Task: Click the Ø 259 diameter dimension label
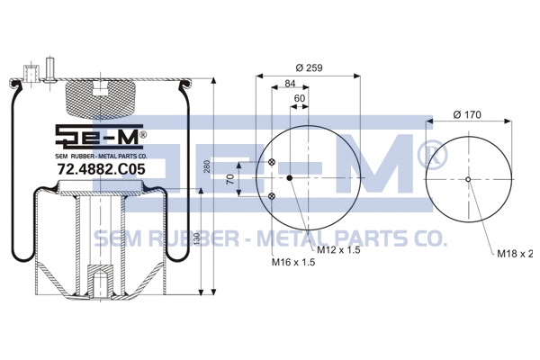[x=308, y=69]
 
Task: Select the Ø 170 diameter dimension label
[x=469, y=115]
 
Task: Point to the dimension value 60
[x=300, y=98]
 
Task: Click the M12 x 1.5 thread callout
[x=338, y=249]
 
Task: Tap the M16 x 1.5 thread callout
[x=294, y=263]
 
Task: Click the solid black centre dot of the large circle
[x=290, y=178]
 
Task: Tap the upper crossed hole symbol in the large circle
[x=272, y=162]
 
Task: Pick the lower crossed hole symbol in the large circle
[x=272, y=194]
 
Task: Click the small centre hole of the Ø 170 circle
[x=469, y=179]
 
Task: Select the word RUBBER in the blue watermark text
[x=186, y=239]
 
